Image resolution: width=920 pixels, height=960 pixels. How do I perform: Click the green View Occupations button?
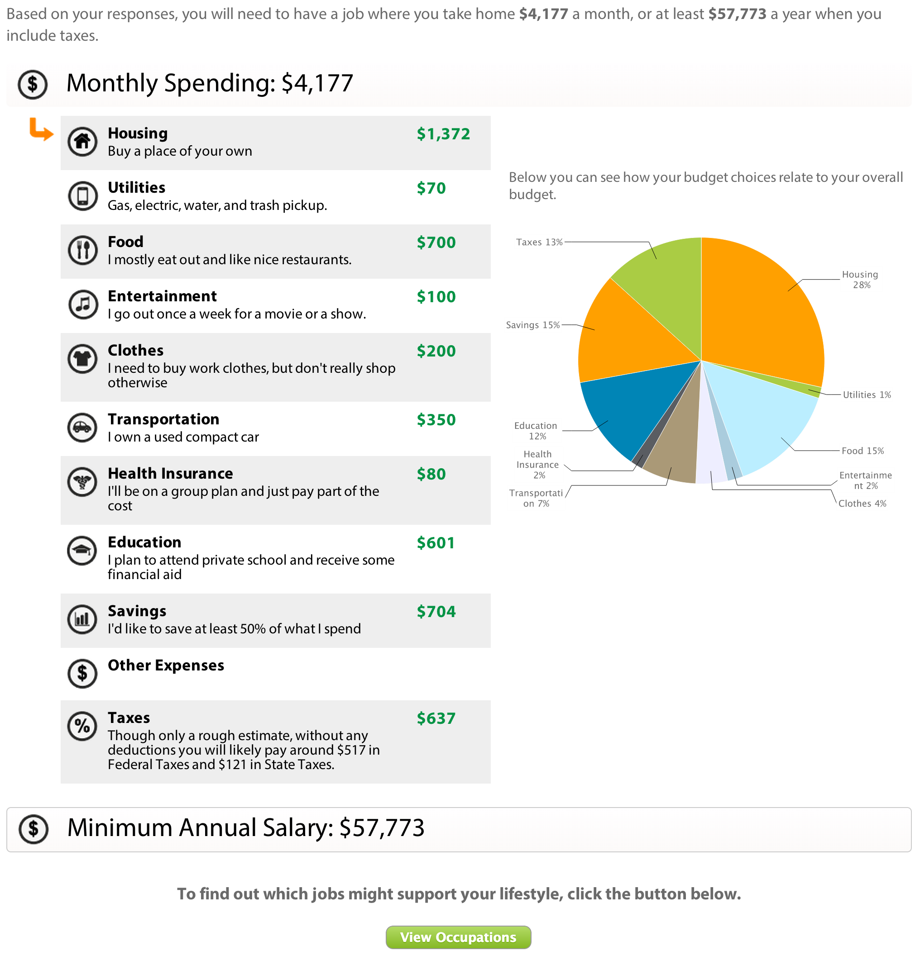pyautogui.click(x=458, y=936)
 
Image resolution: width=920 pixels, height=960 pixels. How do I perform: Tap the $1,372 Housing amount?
pyautogui.click(x=443, y=134)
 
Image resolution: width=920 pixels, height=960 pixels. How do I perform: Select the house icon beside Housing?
pyautogui.click(x=82, y=142)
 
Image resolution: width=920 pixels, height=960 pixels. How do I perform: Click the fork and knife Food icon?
pyautogui.click(x=82, y=250)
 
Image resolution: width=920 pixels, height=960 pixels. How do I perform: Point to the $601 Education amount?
pyautogui.click(x=435, y=543)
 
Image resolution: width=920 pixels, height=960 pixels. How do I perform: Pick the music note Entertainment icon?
pyautogui.click(x=82, y=304)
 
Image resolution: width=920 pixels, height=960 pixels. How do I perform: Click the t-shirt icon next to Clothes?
pyautogui.click(x=82, y=359)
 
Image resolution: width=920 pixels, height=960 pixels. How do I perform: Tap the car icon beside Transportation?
pyautogui.click(x=82, y=428)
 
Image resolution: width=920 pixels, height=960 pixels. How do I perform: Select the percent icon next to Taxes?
pyautogui.click(x=82, y=726)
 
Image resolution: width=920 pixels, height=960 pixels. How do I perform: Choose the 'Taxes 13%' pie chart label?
pyautogui.click(x=539, y=242)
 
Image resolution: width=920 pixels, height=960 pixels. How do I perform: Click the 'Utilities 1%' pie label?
pyautogui.click(x=867, y=395)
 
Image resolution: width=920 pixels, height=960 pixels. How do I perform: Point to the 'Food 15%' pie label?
pyautogui.click(x=862, y=451)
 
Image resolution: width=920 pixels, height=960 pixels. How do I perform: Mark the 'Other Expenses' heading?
pyautogui.click(x=166, y=665)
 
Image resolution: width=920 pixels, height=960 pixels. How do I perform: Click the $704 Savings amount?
pyautogui.click(x=436, y=611)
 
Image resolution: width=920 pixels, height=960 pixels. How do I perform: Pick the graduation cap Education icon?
pyautogui.click(x=82, y=551)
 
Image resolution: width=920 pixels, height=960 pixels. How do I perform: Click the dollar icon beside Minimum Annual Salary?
pyautogui.click(x=34, y=829)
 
